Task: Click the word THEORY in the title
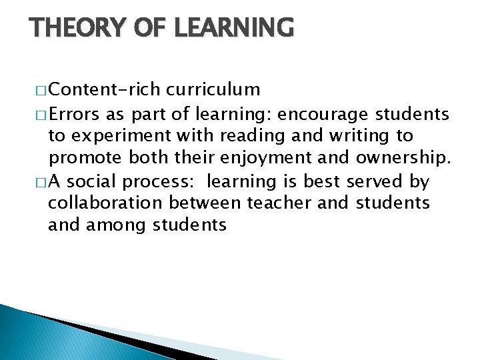[74, 28]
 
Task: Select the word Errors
[75, 113]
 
